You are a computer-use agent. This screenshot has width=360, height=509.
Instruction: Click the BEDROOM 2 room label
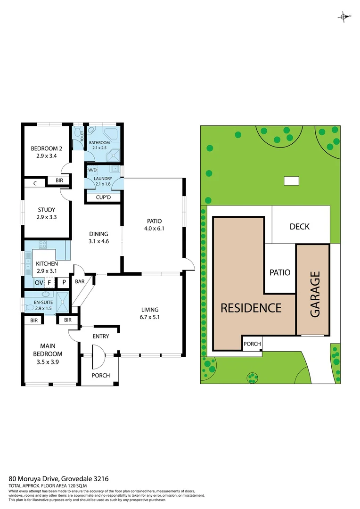point(47,149)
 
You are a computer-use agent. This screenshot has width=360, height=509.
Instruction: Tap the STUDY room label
point(47,210)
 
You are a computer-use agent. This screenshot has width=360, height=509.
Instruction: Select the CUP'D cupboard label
point(103,197)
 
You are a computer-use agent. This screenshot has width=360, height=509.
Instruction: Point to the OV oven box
point(39,283)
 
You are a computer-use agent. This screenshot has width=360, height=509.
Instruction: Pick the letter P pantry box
point(63,283)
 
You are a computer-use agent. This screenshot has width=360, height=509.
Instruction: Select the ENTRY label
point(100,336)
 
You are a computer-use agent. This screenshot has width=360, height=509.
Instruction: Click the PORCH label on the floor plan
point(100,375)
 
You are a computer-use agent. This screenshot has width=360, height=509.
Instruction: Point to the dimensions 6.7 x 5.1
point(150,317)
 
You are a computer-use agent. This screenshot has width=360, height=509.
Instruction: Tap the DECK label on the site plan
point(299,227)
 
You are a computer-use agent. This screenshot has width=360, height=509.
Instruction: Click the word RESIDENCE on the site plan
point(251,308)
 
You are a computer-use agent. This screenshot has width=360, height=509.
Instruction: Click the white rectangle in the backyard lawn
point(291,181)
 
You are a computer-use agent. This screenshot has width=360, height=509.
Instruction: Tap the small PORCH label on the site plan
point(252,344)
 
